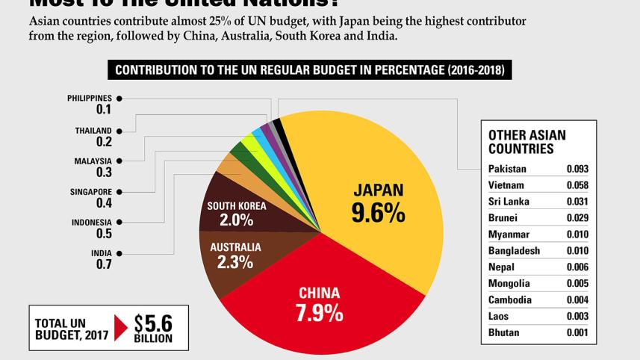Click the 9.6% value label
coord(378,213)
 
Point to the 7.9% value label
coord(320,313)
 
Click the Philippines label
coord(89,98)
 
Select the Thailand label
coord(93,131)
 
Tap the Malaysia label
coord(93,161)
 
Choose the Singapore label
coord(90,192)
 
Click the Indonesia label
coord(91,223)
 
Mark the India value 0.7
coord(104,264)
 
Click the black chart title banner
coord(309,71)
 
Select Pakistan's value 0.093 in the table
coord(577,169)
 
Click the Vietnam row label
coord(506,185)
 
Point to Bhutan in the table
coord(504,332)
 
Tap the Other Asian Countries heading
coord(526,142)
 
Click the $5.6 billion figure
coord(154,323)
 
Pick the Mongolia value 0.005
coord(577,284)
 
